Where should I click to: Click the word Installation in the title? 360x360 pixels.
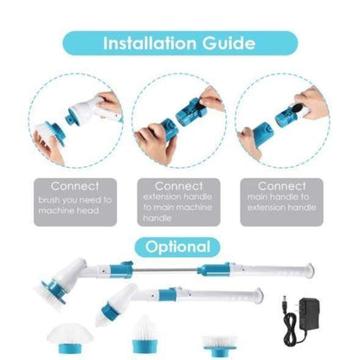click(x=151, y=43)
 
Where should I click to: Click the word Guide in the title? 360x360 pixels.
click(x=228, y=43)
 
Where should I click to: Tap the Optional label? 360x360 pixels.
click(x=177, y=247)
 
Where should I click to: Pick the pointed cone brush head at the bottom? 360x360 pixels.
click(x=145, y=334)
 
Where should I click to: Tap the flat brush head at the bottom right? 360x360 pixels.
click(x=220, y=345)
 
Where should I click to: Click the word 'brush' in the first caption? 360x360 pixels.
click(x=49, y=200)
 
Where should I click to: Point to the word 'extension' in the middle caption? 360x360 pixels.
click(x=163, y=197)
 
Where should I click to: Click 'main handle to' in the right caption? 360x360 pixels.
click(x=278, y=197)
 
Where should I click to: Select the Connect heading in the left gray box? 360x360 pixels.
click(x=75, y=186)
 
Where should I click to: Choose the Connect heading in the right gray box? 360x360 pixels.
click(x=282, y=186)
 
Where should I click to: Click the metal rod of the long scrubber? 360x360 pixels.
click(x=165, y=270)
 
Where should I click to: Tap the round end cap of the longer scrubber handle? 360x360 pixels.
click(x=310, y=270)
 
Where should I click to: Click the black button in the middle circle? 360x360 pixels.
click(x=196, y=105)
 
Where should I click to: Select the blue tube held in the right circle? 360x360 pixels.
click(x=262, y=134)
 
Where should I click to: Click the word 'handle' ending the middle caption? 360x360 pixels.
click(x=157, y=218)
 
